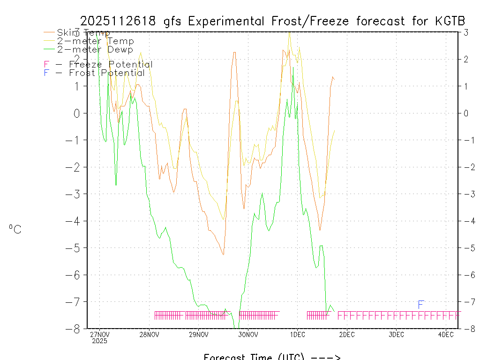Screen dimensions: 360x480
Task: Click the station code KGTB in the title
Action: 447,21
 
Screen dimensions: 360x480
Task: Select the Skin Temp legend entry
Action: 83,32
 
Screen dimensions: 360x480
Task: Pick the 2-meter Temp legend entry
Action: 95,41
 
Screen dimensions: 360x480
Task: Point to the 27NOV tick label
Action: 99,334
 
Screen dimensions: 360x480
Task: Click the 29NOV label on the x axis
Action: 198,334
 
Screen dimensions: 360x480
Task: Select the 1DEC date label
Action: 297,334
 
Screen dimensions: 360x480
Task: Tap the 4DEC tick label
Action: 446,334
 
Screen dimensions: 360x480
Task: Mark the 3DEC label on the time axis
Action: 396,334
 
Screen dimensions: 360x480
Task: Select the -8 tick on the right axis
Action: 465,329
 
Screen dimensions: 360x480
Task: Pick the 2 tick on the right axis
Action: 466,59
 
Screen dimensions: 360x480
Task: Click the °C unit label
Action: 15,229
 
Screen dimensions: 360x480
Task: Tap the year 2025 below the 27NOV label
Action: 99,341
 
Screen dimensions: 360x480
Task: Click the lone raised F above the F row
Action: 421,305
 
